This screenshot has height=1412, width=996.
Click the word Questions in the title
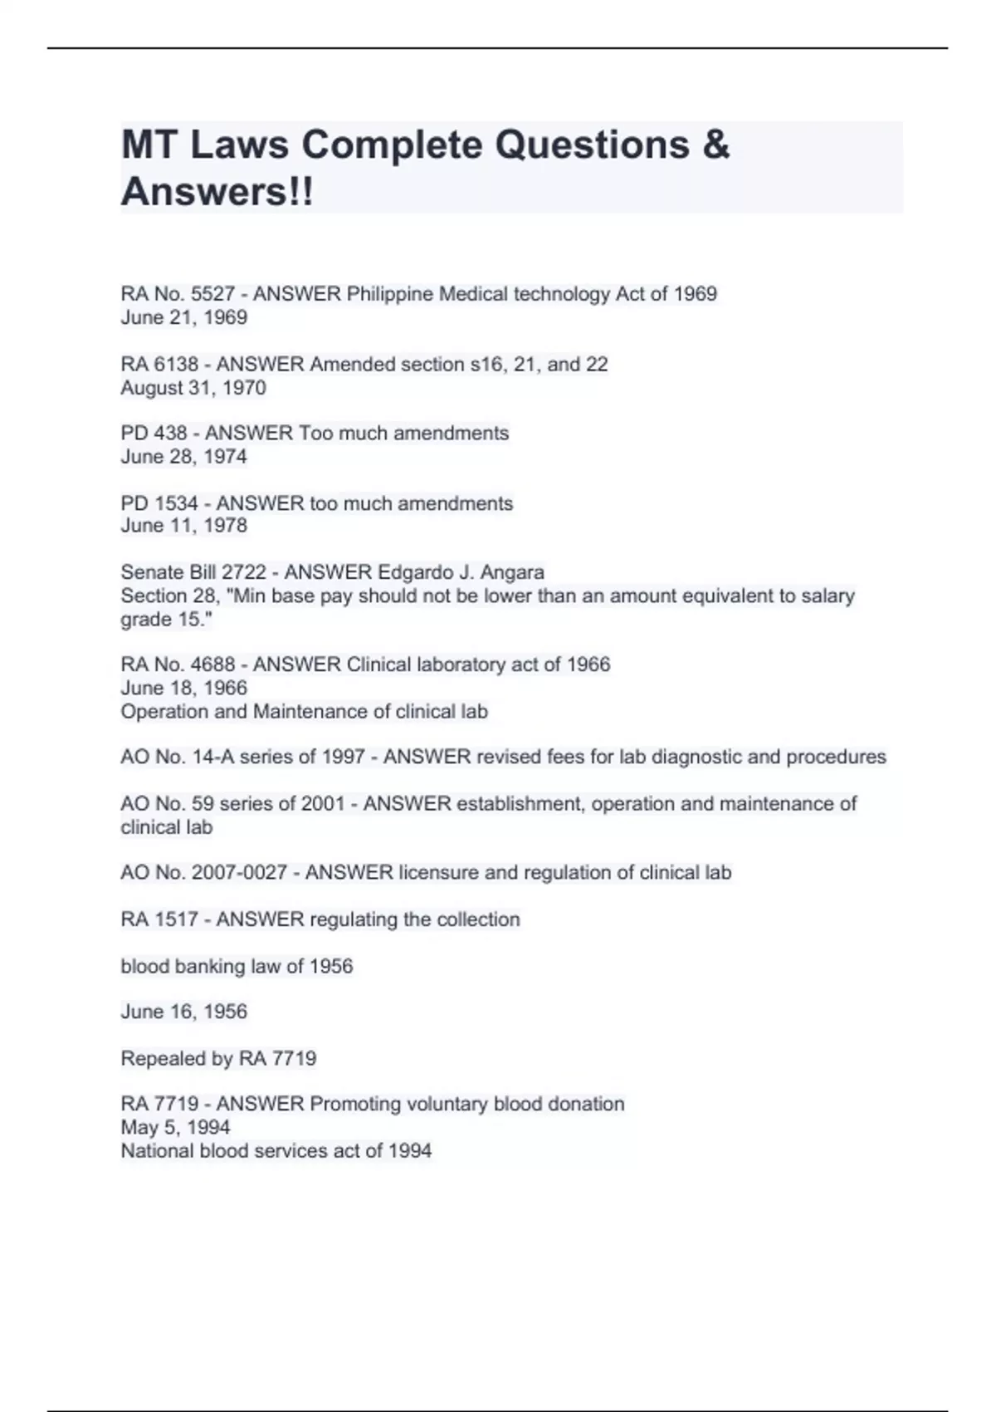592,145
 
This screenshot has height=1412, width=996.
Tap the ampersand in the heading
715,145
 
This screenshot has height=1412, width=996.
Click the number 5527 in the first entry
212,294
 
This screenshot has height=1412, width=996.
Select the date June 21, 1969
183,317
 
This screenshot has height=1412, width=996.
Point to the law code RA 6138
159,365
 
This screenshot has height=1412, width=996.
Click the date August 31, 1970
193,388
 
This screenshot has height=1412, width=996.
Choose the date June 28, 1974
183,457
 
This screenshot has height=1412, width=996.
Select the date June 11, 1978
183,526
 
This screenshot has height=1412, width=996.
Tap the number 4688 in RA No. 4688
212,664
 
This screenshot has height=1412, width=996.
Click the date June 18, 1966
183,688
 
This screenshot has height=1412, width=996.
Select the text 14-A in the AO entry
214,757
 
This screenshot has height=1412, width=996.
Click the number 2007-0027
239,873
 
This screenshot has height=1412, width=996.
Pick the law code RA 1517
159,919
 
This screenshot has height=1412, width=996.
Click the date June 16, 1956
183,1012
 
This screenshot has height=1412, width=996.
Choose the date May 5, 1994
175,1128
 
